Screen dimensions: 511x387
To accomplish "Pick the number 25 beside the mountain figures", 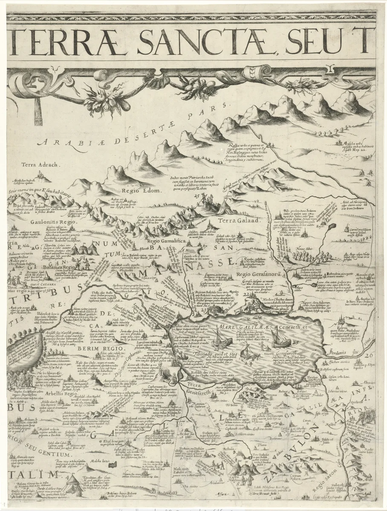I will (x=196, y=196).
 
